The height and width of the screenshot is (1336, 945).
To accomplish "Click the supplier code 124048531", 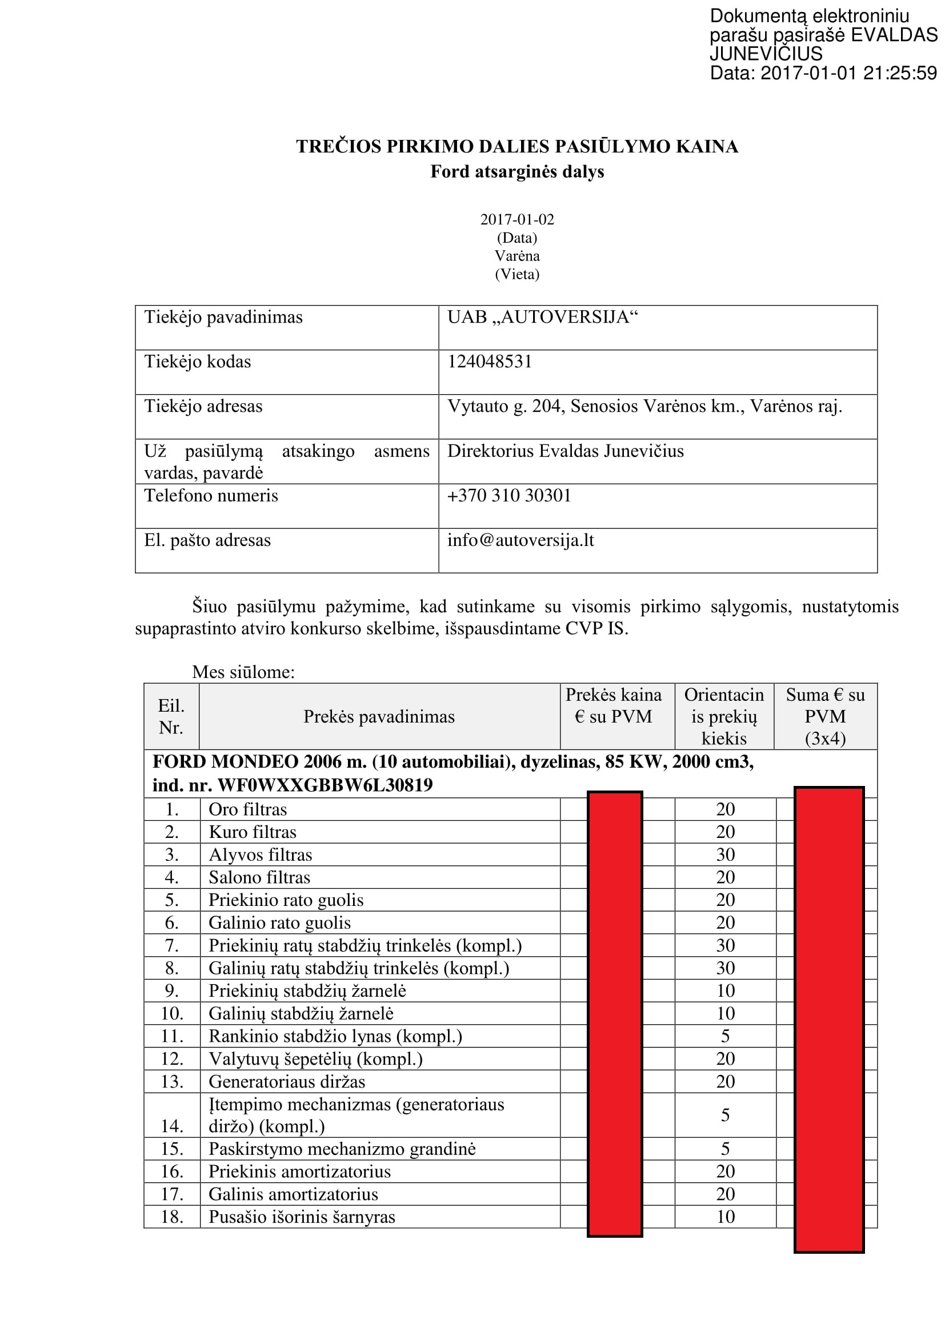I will point(490,362).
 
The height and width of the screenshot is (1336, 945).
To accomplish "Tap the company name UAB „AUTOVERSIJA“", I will point(542,317).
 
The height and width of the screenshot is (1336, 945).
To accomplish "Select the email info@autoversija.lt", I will point(520,540).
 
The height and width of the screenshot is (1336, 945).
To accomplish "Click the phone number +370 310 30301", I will point(509,495).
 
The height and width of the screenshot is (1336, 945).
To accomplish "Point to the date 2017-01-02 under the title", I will point(516,219).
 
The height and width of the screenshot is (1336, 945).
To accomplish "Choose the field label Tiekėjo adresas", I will point(203,406).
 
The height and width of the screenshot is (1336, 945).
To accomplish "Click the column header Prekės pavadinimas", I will point(379,716).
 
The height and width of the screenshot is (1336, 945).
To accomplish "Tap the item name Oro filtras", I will point(248,809).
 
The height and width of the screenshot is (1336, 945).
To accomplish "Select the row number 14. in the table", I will point(171,1126).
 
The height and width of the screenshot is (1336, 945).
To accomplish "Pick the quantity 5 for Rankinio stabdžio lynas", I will point(725,1036).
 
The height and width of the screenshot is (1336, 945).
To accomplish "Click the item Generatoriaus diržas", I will point(287,1082).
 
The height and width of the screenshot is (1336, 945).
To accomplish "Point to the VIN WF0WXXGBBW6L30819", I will point(325,785).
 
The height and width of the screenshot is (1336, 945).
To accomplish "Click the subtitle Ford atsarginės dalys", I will point(516,172).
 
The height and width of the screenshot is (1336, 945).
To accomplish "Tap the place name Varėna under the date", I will point(516,256).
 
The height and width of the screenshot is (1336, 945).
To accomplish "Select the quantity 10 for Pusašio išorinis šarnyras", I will point(725,1217).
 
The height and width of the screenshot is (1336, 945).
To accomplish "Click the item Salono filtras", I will point(259,877).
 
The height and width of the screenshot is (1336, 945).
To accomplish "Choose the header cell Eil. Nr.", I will point(171,716).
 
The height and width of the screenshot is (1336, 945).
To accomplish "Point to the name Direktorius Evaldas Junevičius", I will point(565,451).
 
